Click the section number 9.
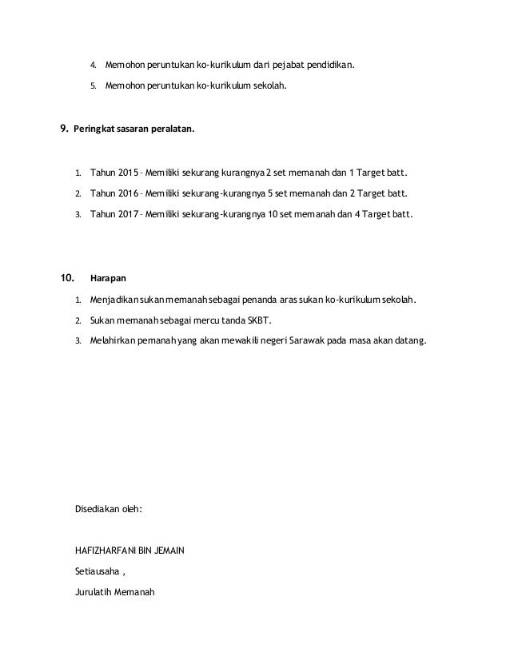(x=64, y=129)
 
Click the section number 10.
(x=67, y=279)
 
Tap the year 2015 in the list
(x=126, y=172)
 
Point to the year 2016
(x=126, y=193)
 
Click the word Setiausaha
(x=96, y=571)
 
